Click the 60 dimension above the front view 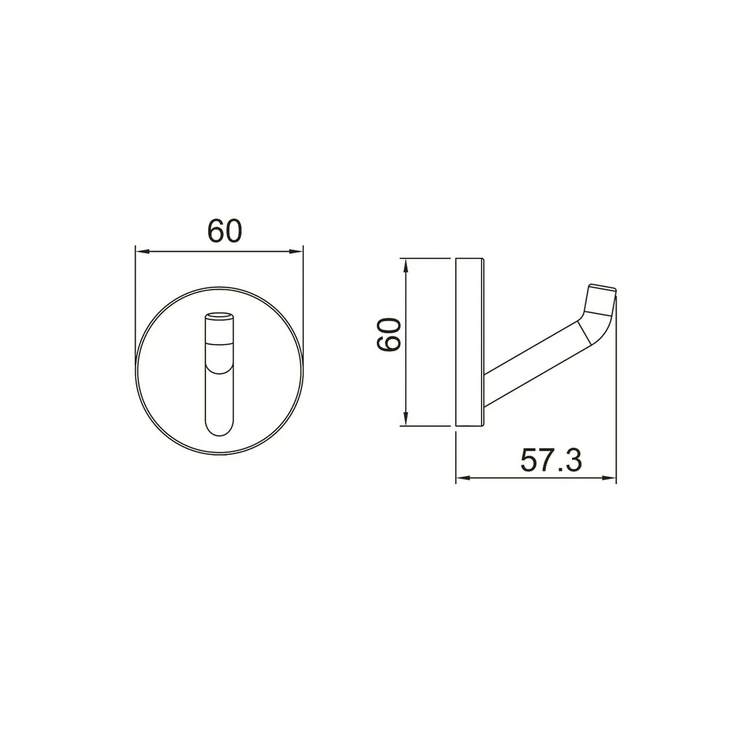(225, 231)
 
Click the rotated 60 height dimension (389, 335)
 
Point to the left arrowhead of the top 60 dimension (143, 252)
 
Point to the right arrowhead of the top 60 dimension (296, 252)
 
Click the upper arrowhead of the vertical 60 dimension (405, 266)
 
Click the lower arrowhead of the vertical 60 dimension (405, 418)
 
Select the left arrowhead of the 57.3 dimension (464, 477)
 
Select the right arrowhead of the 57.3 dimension (609, 477)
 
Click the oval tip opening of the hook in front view (219, 315)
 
